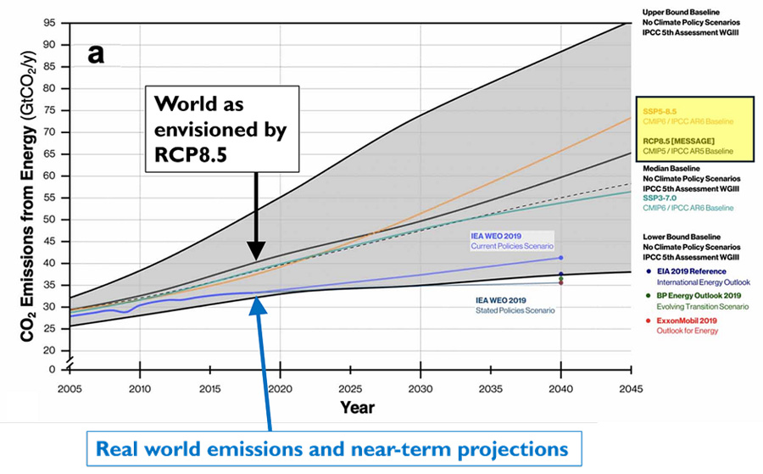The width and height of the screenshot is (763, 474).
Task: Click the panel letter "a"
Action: click(97, 54)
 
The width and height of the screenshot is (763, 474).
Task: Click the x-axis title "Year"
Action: click(357, 407)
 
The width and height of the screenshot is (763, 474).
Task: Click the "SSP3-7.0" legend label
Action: click(660, 198)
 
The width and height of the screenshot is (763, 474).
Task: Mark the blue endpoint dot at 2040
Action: click(561, 257)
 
